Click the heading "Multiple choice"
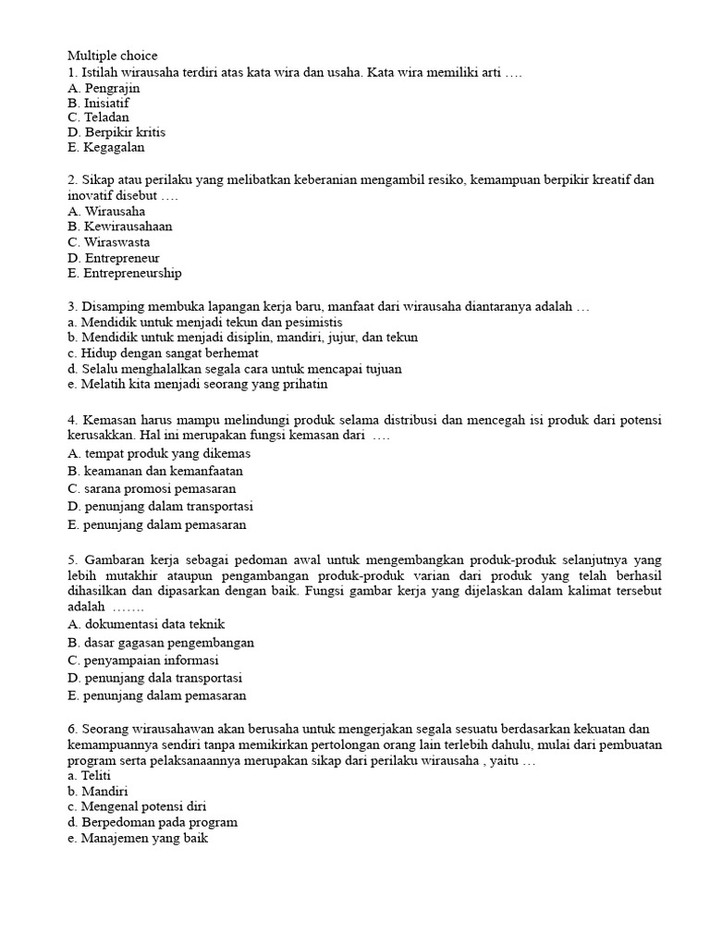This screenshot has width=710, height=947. (113, 55)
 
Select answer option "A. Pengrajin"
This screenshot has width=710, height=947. (104, 88)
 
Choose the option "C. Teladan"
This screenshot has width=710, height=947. (98, 117)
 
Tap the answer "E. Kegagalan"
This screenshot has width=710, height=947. (106, 147)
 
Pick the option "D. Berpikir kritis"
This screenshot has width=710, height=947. (116, 132)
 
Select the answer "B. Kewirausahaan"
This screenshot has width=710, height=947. (120, 226)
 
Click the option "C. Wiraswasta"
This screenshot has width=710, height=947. (109, 241)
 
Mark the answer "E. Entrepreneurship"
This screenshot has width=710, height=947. (125, 273)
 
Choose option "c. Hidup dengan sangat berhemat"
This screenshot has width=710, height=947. (163, 352)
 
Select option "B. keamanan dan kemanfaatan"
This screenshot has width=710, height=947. (155, 471)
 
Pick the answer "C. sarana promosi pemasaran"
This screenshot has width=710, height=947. (152, 487)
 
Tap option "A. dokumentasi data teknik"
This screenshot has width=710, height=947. (146, 624)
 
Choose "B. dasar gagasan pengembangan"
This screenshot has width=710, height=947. (161, 642)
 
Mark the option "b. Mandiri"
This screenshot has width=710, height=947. (97, 792)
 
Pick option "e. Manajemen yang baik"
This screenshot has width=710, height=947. (138, 838)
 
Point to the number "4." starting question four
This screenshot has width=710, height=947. (73, 420)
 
